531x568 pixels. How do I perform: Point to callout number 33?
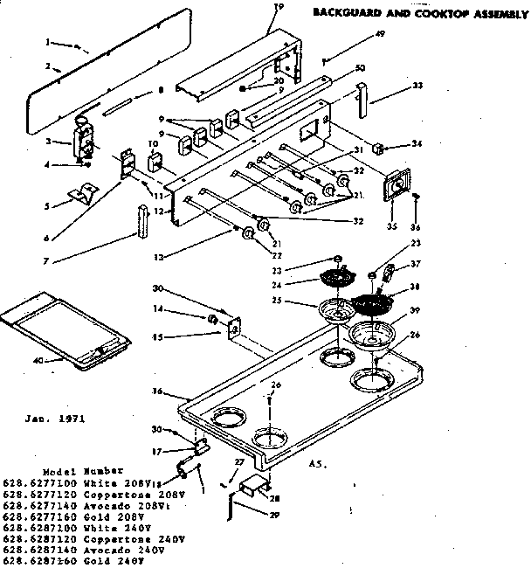[417, 86]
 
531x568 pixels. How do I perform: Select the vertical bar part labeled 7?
[140, 222]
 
